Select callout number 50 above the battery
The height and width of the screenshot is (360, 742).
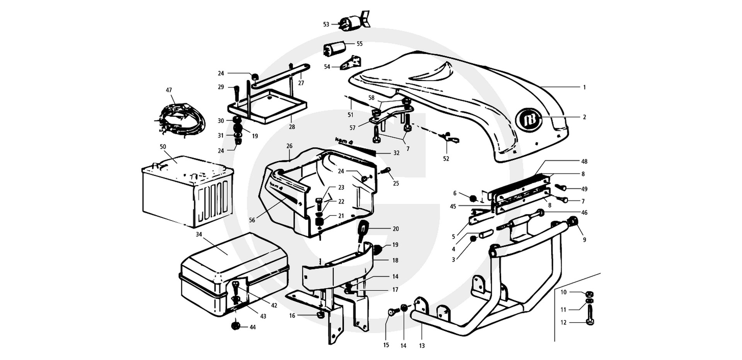163,147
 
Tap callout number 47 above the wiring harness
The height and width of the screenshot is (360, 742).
169,90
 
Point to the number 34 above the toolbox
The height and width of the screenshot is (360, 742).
199,234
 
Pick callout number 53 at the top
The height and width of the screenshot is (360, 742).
326,24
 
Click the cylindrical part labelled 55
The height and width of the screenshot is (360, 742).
334,48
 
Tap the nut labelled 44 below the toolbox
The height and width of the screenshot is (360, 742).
235,326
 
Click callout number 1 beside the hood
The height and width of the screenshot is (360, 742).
584,88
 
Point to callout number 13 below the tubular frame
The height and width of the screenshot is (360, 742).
422,346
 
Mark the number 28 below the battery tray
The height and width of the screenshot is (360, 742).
292,127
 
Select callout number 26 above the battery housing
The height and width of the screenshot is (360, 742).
289,146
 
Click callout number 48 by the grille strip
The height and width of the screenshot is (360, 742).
584,161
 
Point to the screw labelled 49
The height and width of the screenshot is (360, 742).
562,188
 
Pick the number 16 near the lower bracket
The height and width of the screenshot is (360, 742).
292,316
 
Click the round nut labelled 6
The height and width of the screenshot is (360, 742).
473,199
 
